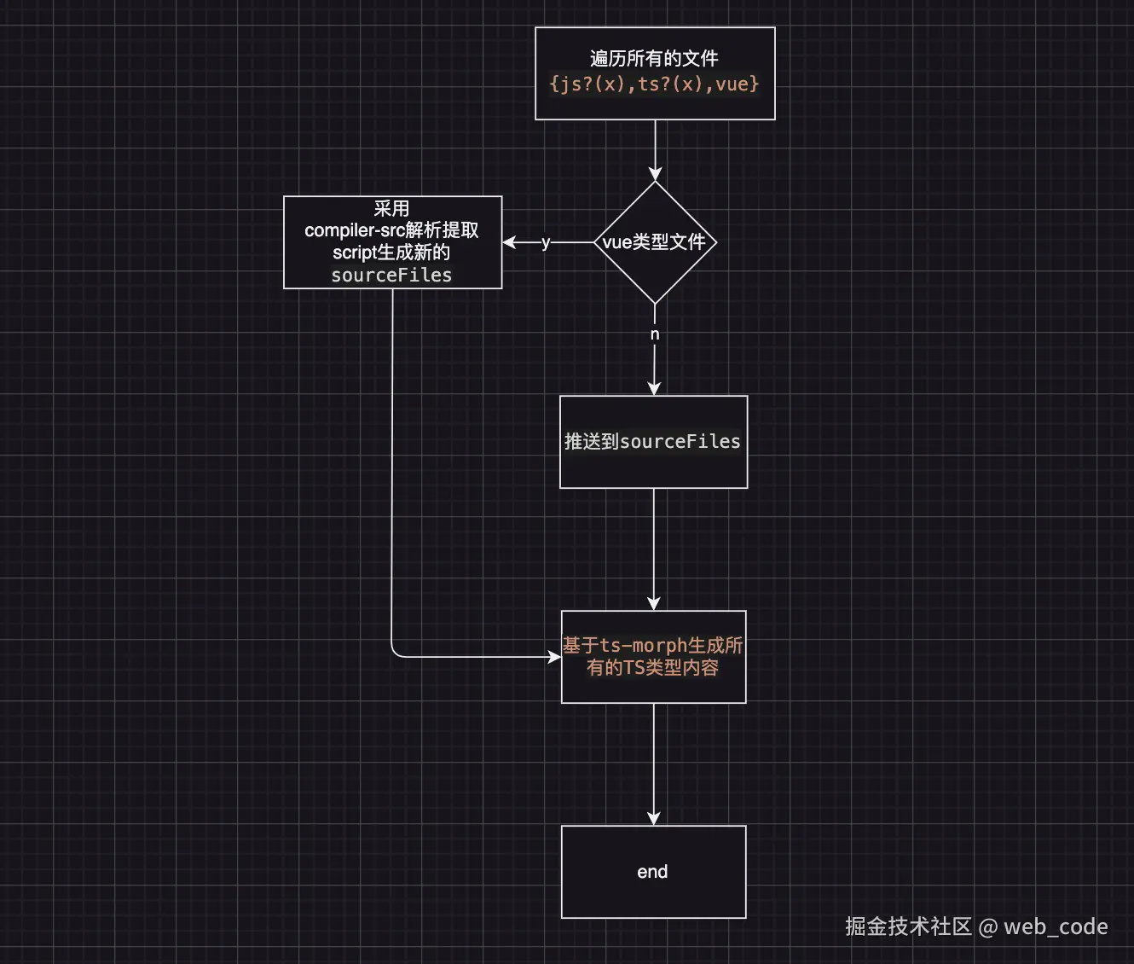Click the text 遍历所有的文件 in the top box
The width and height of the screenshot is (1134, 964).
pos(654,58)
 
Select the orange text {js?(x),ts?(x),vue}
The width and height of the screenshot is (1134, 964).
pos(654,84)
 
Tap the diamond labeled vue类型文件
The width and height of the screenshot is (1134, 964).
pos(654,242)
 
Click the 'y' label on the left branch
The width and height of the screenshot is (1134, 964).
pos(546,242)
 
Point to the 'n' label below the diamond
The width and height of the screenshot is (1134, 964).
pos(655,334)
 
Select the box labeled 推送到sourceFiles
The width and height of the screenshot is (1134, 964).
pos(653,442)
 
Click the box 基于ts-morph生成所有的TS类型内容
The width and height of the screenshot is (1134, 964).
pos(653,657)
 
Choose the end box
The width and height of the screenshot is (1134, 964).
pos(653,872)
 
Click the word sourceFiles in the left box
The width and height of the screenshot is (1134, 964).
pos(391,275)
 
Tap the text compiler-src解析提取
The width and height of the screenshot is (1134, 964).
pos(391,230)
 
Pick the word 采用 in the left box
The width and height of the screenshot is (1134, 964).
pos(391,208)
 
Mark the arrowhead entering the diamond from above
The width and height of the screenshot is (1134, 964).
pos(655,175)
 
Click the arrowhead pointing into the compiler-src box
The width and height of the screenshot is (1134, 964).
pos(510,242)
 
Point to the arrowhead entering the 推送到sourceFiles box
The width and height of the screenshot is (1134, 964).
pos(654,389)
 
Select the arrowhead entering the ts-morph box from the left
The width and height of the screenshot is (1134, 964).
pos(554,657)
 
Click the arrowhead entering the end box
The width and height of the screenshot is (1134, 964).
pos(654,819)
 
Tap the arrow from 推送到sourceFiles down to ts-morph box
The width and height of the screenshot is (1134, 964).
pos(654,546)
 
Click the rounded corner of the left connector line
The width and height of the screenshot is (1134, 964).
pos(395,653)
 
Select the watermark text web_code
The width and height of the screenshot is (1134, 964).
pos(1056,926)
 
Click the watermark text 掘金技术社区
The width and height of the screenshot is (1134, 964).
pos(908,926)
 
